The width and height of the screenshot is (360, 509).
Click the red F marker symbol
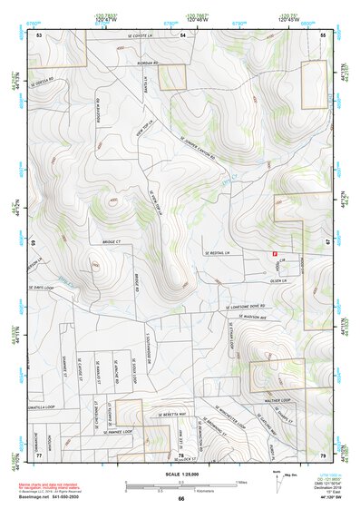pyautogui.click(x=275, y=254)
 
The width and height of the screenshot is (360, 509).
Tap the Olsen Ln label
pyautogui.click(x=278, y=279)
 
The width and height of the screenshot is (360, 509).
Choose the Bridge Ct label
pyautogui.click(x=111, y=242)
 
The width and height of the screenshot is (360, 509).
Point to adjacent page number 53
pyautogui.click(x=39, y=34)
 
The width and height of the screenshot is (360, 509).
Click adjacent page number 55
pyautogui.click(x=323, y=34)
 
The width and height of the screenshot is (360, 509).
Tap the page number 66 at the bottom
pyautogui.click(x=180, y=498)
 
